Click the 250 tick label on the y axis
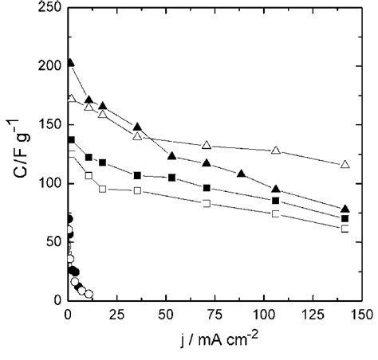click(49, 8)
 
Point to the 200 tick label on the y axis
click(49, 66)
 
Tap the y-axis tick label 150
click(49, 125)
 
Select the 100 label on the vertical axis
click(49, 183)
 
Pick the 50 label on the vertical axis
click(53, 242)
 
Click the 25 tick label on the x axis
click(115, 314)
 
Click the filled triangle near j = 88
click(242, 174)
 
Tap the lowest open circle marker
click(89, 294)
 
